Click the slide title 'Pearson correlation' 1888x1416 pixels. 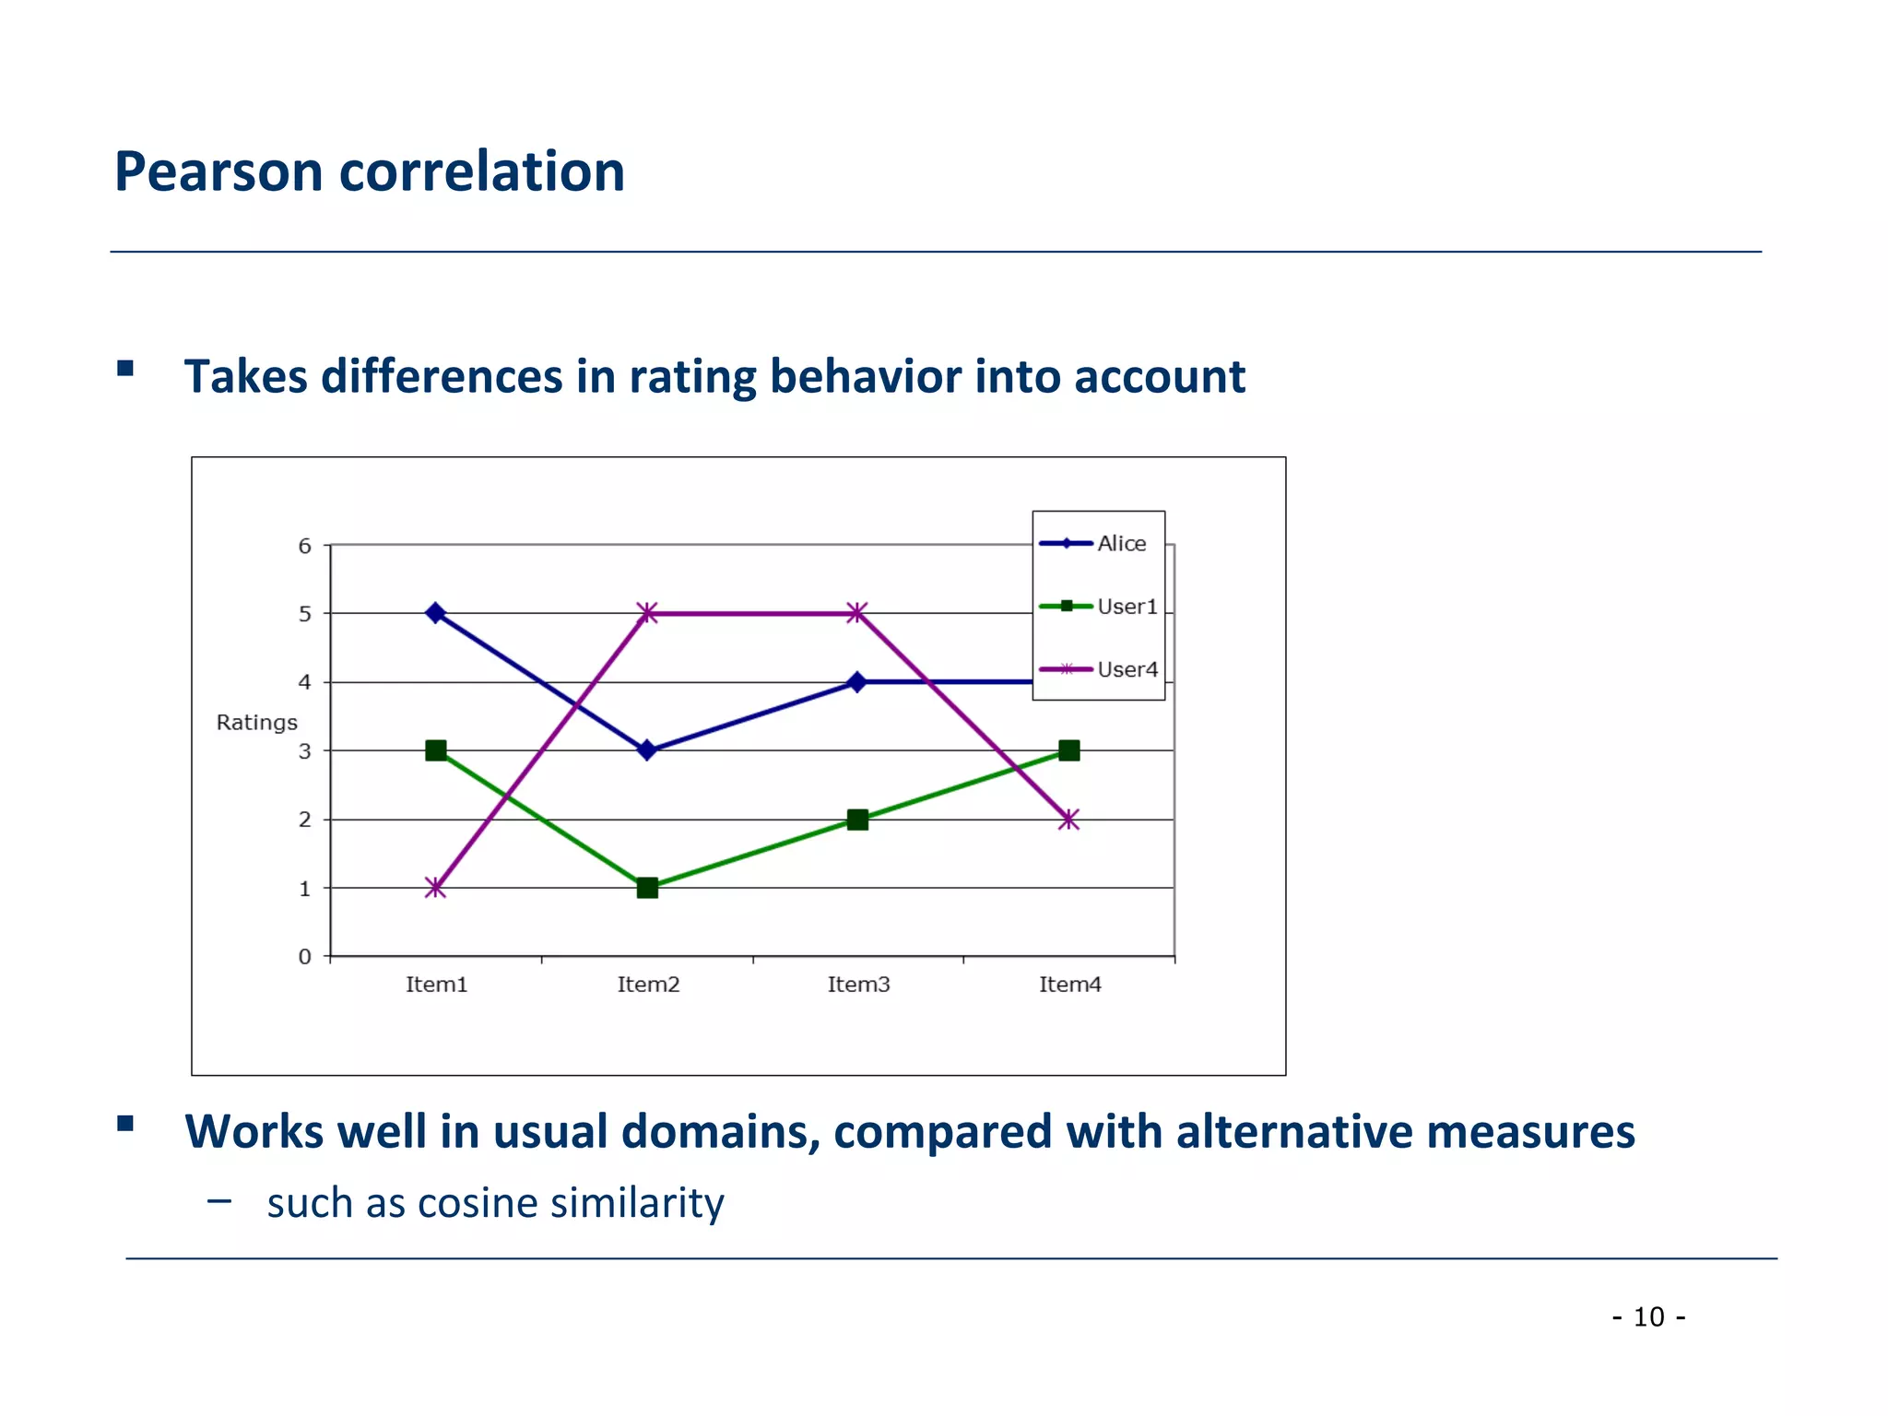pos(369,171)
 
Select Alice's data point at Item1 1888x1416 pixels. pos(436,613)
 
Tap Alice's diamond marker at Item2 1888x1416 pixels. pos(647,750)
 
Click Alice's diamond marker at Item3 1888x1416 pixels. pos(857,682)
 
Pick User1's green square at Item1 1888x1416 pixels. pos(436,750)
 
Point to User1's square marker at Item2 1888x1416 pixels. pos(647,888)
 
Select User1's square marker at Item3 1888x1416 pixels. pos(857,820)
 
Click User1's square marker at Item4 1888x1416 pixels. pos(1068,750)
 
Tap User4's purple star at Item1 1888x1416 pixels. pos(436,889)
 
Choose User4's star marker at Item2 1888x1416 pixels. pos(647,613)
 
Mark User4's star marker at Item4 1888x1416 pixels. pos(1068,820)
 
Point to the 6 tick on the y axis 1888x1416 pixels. pos(305,546)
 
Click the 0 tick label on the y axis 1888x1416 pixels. pos(305,957)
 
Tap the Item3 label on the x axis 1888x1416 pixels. pos(858,985)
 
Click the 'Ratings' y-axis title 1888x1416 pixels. pos(256,722)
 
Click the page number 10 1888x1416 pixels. pos(1648,1316)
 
